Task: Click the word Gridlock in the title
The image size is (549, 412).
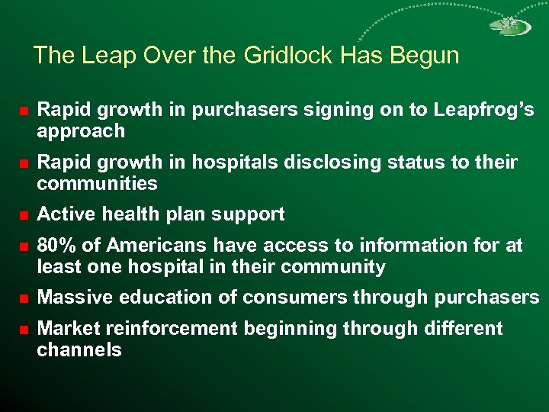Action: coord(288,56)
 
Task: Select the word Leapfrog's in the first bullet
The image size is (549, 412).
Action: coord(483,110)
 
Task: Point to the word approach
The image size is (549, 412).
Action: coord(81,131)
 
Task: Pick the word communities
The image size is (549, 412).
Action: coord(97,184)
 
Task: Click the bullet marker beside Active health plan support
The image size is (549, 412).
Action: coord(24,215)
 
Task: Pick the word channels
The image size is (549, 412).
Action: coord(79,351)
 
